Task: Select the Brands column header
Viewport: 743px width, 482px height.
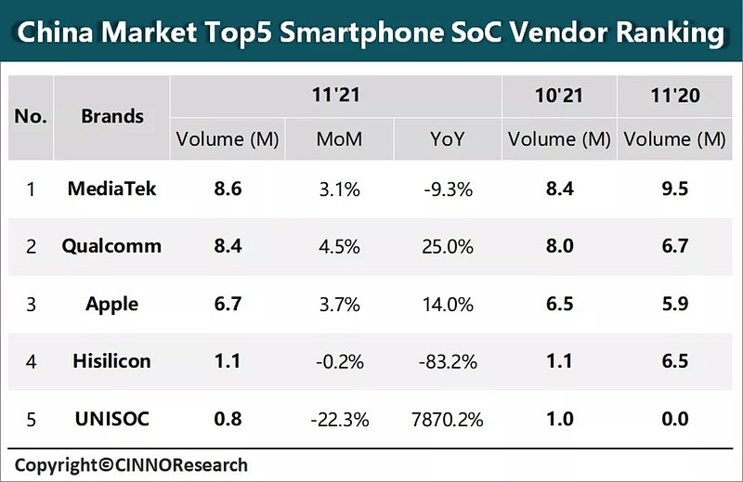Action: click(112, 117)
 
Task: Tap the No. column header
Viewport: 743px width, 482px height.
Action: click(31, 117)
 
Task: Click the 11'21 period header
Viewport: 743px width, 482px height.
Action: click(336, 95)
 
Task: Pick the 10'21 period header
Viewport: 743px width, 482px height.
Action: click(559, 95)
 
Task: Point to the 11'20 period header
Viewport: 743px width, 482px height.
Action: click(674, 95)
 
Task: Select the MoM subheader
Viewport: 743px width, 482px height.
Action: click(339, 139)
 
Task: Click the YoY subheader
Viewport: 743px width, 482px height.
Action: click(448, 139)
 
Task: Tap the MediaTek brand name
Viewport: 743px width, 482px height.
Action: click(112, 189)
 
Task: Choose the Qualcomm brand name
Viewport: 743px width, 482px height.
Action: click(111, 246)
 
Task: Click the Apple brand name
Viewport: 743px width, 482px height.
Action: click(112, 304)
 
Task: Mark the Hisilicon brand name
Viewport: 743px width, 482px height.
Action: click(112, 361)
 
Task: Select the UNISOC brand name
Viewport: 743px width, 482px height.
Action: click(112, 419)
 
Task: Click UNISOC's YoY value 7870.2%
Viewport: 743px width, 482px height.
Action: click(448, 419)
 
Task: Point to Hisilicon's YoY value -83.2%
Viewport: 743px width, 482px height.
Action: click(448, 361)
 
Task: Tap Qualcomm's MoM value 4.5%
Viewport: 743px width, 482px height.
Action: click(339, 246)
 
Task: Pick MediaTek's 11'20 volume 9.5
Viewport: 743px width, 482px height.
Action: click(674, 189)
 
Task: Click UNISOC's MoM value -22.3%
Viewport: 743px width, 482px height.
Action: click(339, 419)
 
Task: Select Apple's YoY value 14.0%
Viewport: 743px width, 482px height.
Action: click(448, 304)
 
